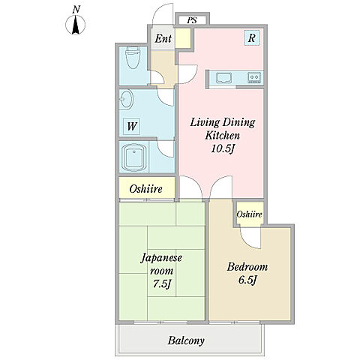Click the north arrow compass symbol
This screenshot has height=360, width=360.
click(x=75, y=25)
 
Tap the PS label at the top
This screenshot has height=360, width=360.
click(x=192, y=20)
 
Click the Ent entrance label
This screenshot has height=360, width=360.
click(x=163, y=38)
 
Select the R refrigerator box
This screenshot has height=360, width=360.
click(x=252, y=37)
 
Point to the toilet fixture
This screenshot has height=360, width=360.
click(x=132, y=58)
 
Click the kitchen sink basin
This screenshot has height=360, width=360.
click(x=224, y=77)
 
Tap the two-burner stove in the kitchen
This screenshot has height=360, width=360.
click(x=254, y=77)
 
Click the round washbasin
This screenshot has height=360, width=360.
click(x=126, y=99)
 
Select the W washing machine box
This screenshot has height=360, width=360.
click(x=131, y=127)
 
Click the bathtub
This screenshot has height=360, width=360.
click(x=133, y=157)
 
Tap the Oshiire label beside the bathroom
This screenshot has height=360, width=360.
click(x=145, y=189)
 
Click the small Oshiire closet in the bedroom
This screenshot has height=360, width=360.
click(x=249, y=214)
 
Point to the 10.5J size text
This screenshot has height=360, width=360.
click(x=223, y=149)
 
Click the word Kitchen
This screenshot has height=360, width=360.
click(x=223, y=136)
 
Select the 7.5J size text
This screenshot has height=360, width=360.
click(x=162, y=284)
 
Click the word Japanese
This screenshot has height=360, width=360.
click(x=161, y=258)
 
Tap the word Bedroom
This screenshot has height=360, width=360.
click(x=247, y=267)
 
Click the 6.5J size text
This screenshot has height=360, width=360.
click(x=247, y=280)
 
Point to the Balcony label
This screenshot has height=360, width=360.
click(x=186, y=340)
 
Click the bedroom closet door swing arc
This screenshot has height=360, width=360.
click(x=247, y=242)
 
